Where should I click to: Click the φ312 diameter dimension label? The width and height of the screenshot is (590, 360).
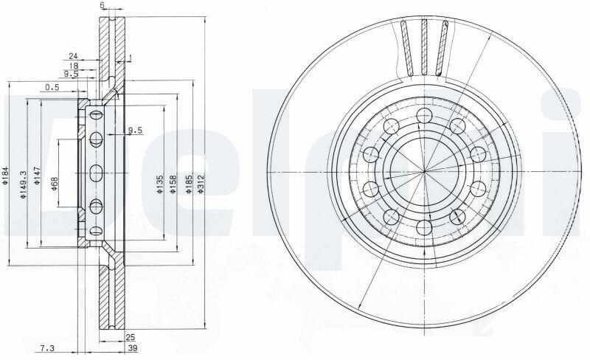(x=201, y=184)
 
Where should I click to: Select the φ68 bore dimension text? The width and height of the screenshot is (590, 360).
(x=55, y=184)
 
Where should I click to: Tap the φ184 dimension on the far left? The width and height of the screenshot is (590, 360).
(x=5, y=176)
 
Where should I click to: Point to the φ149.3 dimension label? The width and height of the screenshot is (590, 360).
(x=23, y=184)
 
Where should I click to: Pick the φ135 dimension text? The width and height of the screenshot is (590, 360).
(x=159, y=184)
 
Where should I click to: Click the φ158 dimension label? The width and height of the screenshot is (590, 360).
(x=173, y=184)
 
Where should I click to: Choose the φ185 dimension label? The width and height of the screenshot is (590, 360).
(x=190, y=184)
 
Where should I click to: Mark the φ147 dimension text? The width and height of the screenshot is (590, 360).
(x=36, y=176)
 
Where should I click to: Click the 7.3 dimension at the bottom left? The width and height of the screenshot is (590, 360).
(x=47, y=348)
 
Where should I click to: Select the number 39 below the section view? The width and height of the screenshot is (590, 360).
(x=132, y=348)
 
